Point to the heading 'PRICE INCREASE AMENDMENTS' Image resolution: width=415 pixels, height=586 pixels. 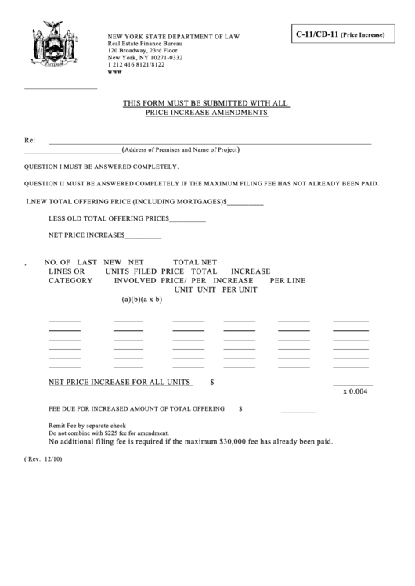(x=207, y=113)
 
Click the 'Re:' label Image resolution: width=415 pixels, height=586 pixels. (x=30, y=141)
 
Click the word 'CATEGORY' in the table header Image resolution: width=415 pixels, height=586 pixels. (x=70, y=280)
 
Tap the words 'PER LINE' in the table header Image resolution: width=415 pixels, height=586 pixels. (x=287, y=280)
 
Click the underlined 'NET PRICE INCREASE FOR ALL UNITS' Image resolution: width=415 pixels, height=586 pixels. (x=120, y=383)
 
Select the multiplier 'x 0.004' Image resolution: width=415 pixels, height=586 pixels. (x=355, y=392)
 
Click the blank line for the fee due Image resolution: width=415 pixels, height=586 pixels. (x=298, y=410)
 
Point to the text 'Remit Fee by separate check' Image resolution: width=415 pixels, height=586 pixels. (x=92, y=426)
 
